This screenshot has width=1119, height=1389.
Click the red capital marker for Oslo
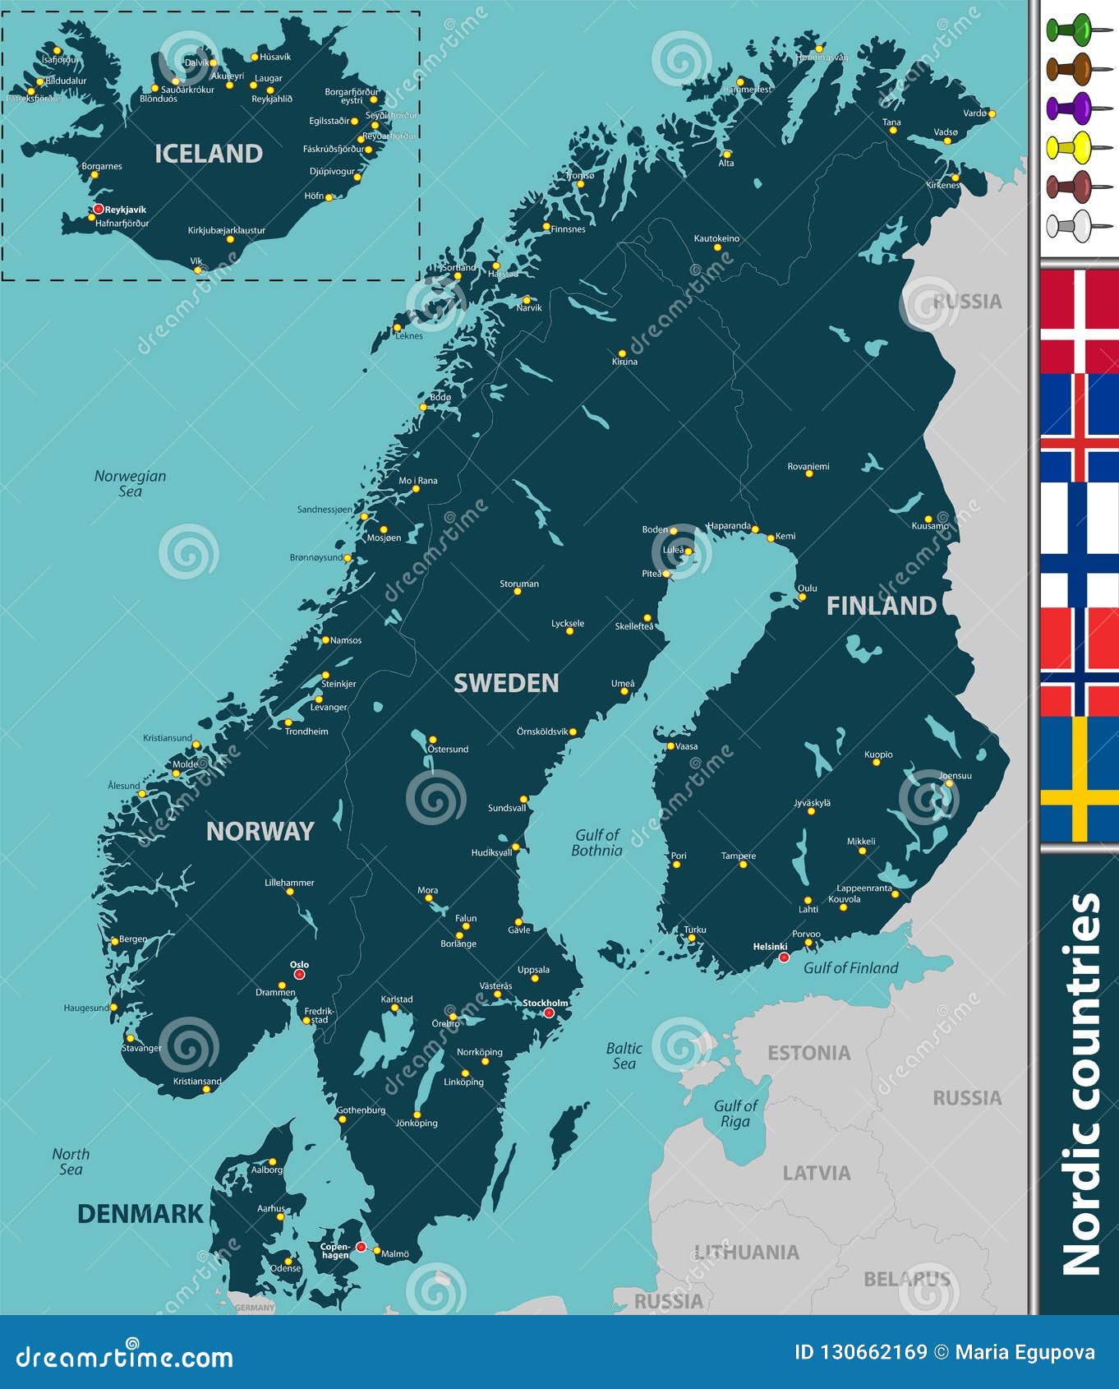tap(299, 974)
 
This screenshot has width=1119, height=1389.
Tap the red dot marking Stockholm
tap(549, 1013)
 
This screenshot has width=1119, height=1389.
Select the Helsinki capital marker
tap(784, 958)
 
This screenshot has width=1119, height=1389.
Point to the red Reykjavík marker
tap(99, 209)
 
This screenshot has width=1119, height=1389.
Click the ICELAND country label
tap(209, 154)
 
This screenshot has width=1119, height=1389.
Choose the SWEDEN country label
tap(506, 683)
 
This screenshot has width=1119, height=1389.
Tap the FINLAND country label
tap(881, 606)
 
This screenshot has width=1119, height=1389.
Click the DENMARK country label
tap(140, 1214)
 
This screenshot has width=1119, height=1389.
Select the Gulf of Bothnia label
tap(597, 842)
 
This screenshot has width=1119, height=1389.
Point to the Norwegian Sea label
tap(130, 483)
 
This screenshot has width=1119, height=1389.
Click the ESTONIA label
tap(808, 1053)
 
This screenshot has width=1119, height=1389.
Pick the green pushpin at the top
tap(1069, 30)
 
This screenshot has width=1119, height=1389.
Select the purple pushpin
tap(1069, 108)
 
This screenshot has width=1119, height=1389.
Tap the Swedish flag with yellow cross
tap(1079, 778)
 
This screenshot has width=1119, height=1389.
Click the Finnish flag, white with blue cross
tap(1079, 544)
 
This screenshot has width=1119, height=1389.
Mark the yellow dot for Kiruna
tap(622, 353)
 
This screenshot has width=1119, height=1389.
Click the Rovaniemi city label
tap(808, 466)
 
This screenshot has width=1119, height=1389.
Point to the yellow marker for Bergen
tap(114, 941)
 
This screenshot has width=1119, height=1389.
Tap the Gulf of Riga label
tap(735, 1114)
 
